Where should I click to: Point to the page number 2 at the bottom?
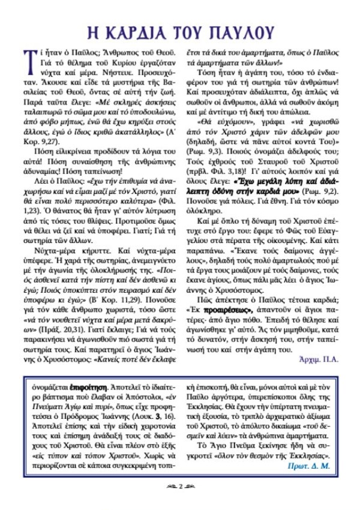click(179, 484)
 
